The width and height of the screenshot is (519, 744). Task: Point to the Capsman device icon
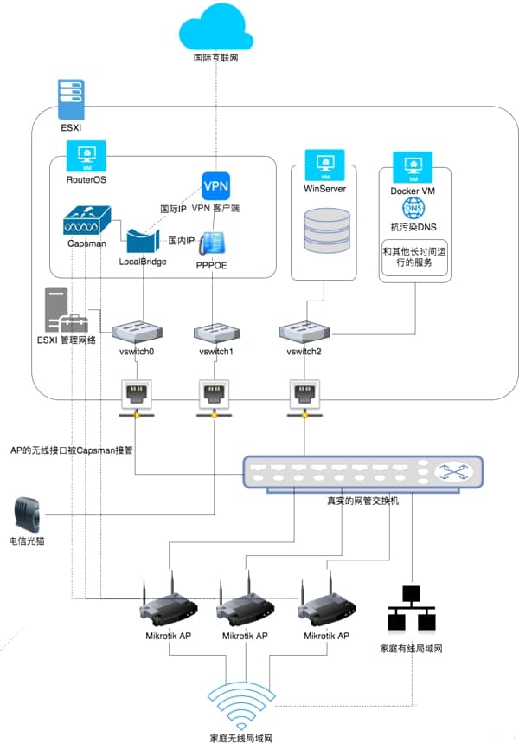click(86, 218)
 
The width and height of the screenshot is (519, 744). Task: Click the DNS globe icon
click(412, 209)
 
